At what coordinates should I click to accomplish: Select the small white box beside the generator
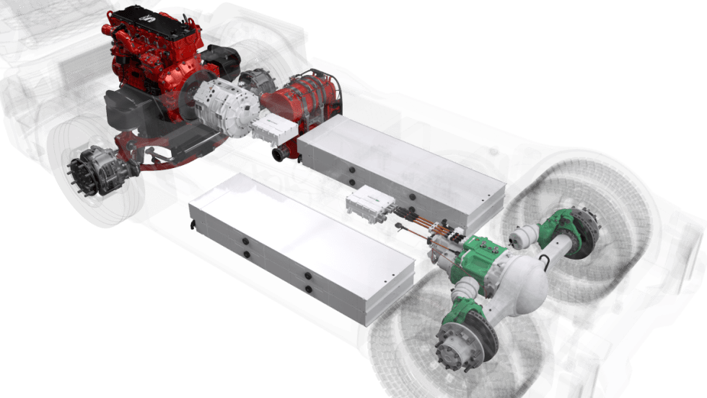(274, 129)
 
